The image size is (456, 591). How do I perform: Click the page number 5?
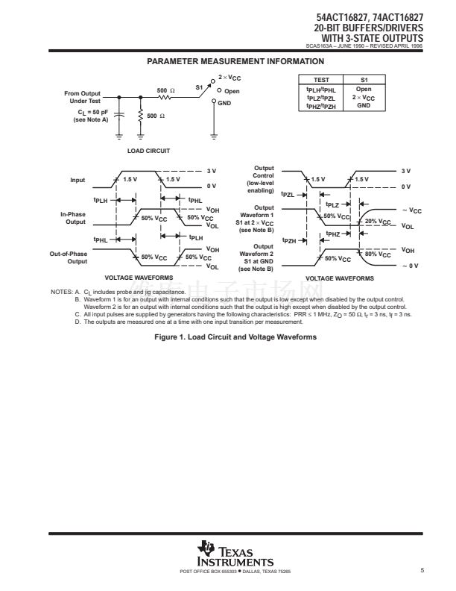[422, 571]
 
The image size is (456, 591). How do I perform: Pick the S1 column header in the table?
[364, 79]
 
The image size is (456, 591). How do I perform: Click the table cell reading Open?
[364, 90]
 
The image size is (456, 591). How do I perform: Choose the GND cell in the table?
[364, 106]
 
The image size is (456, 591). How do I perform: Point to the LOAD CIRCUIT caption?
[148, 151]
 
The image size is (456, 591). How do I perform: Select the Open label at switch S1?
[232, 90]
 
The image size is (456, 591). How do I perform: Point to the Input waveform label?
[77, 180]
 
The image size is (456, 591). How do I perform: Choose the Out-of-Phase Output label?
[69, 257]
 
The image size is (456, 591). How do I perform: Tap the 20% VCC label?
[379, 222]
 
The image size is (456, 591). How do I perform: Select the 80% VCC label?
[379, 254]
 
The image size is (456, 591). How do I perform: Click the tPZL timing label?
[288, 194]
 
